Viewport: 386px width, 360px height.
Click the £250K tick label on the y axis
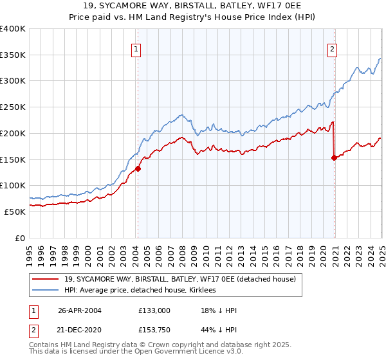pyautogui.click(x=13, y=107)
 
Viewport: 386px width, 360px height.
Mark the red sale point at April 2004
pyautogui.click(x=138, y=169)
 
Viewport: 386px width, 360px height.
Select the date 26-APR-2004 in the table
pyautogui.click(x=79, y=310)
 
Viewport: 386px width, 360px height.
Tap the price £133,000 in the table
pyautogui.click(x=154, y=310)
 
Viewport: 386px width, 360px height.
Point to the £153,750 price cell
pyautogui.click(x=154, y=331)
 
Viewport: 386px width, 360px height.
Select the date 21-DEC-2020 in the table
pyautogui.click(x=79, y=331)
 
